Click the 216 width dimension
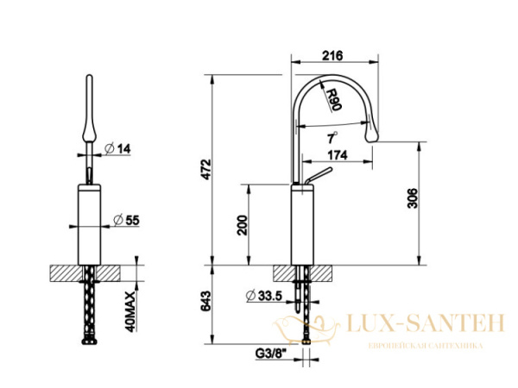click(332, 55)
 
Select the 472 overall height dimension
click(206, 169)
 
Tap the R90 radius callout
click(332, 99)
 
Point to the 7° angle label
click(332, 138)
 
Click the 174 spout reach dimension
click(338, 155)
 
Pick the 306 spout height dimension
click(413, 198)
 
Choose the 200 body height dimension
click(242, 225)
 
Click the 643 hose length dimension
click(206, 301)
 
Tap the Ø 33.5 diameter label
click(264, 296)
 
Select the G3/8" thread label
click(271, 353)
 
